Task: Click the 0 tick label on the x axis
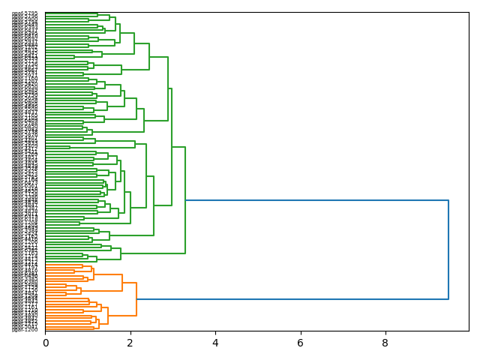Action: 46,342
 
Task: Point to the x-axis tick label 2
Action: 130,342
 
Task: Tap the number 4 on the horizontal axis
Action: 215,342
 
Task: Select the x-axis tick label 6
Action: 301,342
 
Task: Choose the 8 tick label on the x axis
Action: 385,342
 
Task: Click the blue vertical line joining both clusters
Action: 448,250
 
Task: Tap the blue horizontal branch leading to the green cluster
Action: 315,200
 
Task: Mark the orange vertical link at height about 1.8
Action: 122,283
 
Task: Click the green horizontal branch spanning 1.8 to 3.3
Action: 153,253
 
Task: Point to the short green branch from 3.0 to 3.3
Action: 178,147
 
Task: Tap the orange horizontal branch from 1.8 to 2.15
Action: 129,283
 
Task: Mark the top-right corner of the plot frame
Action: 469,12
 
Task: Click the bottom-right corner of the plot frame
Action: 469,331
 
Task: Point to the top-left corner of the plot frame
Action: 46,12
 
